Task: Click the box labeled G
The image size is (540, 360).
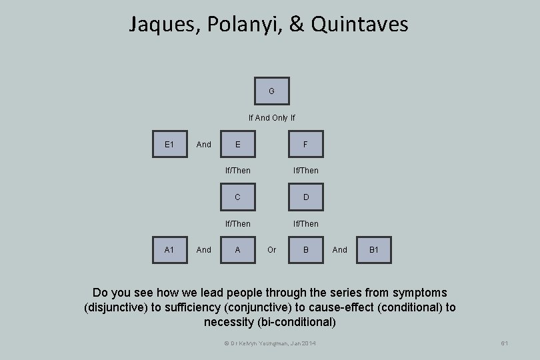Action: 272,91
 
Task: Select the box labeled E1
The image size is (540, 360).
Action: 169,144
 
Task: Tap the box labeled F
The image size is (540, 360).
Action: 305,144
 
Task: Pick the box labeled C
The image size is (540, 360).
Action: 238,197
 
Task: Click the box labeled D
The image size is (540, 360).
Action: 305,197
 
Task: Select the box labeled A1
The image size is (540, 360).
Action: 169,250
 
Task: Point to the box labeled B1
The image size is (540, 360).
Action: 373,250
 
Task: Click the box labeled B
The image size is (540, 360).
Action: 305,250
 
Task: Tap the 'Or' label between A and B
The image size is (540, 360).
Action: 271,250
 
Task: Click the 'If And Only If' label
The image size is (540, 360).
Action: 271,118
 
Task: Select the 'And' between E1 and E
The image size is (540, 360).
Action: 204,144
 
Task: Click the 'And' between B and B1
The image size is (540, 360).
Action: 340,250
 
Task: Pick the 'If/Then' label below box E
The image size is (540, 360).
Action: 238,171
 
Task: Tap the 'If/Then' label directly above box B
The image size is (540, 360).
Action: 305,224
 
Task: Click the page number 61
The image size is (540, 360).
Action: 505,343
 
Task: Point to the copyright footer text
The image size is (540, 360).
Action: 270,343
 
